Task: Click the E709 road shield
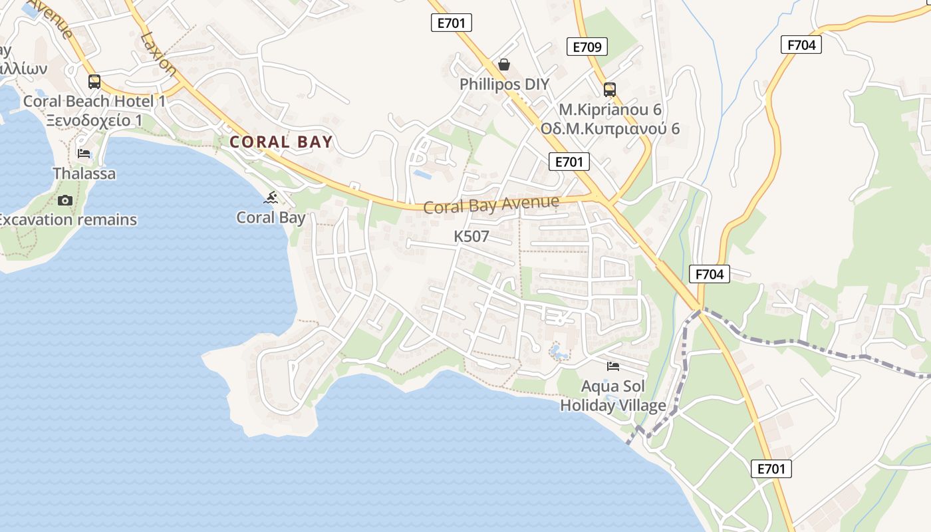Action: click(x=587, y=47)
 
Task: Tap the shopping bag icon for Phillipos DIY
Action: click(x=504, y=65)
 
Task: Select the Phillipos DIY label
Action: click(x=505, y=84)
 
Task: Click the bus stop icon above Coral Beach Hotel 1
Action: click(x=94, y=82)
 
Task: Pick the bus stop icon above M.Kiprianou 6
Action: click(x=610, y=90)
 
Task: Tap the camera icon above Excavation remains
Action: click(x=65, y=200)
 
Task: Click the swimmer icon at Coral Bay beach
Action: click(x=271, y=198)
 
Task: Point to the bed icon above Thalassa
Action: click(x=84, y=154)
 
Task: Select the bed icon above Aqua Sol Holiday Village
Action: click(x=613, y=366)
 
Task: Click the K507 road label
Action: click(x=471, y=236)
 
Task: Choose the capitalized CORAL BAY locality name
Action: click(x=281, y=142)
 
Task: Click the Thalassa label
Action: click(x=84, y=174)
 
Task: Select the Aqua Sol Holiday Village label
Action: click(x=613, y=396)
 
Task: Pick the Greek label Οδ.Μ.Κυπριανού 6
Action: click(x=610, y=128)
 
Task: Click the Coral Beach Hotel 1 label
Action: click(x=94, y=101)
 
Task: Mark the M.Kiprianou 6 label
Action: click(x=610, y=109)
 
